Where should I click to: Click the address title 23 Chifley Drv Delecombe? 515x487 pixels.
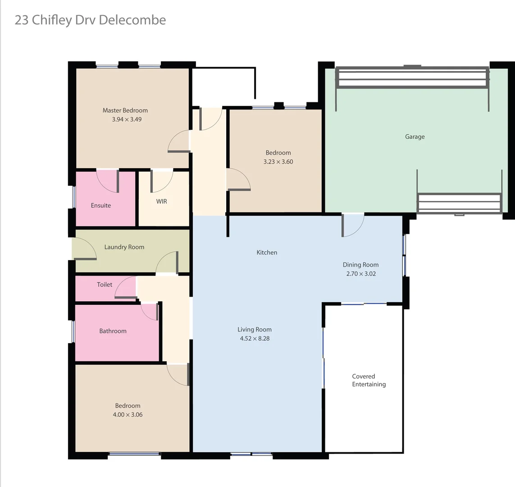90,20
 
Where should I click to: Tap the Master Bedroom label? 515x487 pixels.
125,110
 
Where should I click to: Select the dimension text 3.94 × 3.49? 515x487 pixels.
127,119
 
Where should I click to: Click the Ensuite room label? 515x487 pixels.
101,206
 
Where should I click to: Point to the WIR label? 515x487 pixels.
162,202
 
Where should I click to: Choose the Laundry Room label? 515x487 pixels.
124,247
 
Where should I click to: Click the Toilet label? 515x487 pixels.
105,285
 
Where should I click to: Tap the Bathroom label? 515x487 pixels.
113,331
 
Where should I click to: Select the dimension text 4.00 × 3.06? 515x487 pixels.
128,415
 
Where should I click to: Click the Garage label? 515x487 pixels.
415,137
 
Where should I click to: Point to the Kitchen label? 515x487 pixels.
267,253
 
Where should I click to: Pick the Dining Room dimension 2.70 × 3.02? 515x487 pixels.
361,274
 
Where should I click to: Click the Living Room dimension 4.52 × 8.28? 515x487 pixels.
255,339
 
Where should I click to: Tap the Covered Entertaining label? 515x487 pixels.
369,381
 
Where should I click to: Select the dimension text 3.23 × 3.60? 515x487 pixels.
278,162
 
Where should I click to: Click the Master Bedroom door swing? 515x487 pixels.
179,141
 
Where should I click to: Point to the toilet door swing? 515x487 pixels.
126,288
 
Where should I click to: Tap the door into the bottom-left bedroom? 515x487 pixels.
178,375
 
